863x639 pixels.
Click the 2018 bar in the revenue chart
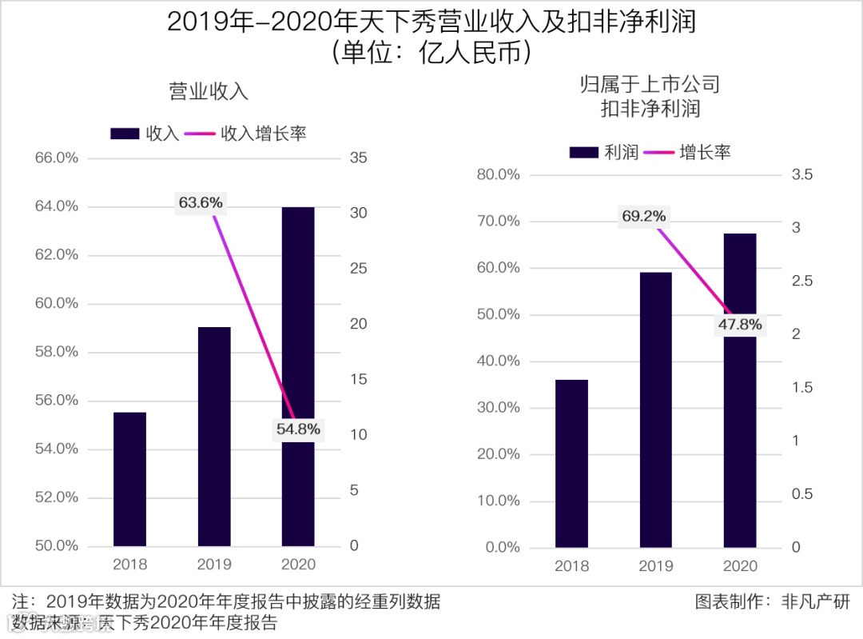coord(129,479)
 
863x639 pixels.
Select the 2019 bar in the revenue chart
coord(214,436)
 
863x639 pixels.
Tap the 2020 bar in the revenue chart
coord(298,376)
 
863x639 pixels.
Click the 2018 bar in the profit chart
coord(571,463)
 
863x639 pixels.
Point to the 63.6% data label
coord(201,203)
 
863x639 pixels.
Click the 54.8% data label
coord(298,429)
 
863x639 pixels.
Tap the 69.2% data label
coord(644,216)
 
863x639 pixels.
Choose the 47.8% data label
coord(740,325)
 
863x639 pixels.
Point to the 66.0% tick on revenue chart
coord(57,158)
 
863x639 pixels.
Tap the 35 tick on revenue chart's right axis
coord(358,158)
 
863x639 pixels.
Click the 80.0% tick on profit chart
coord(498,175)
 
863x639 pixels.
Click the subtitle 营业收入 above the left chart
coord(209,91)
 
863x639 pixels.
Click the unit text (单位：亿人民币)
coord(431,53)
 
